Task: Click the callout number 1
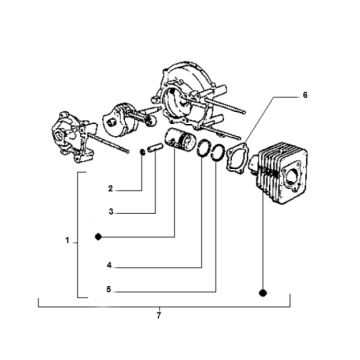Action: [67, 241]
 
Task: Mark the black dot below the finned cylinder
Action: [262, 292]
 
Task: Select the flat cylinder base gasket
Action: [237, 157]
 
